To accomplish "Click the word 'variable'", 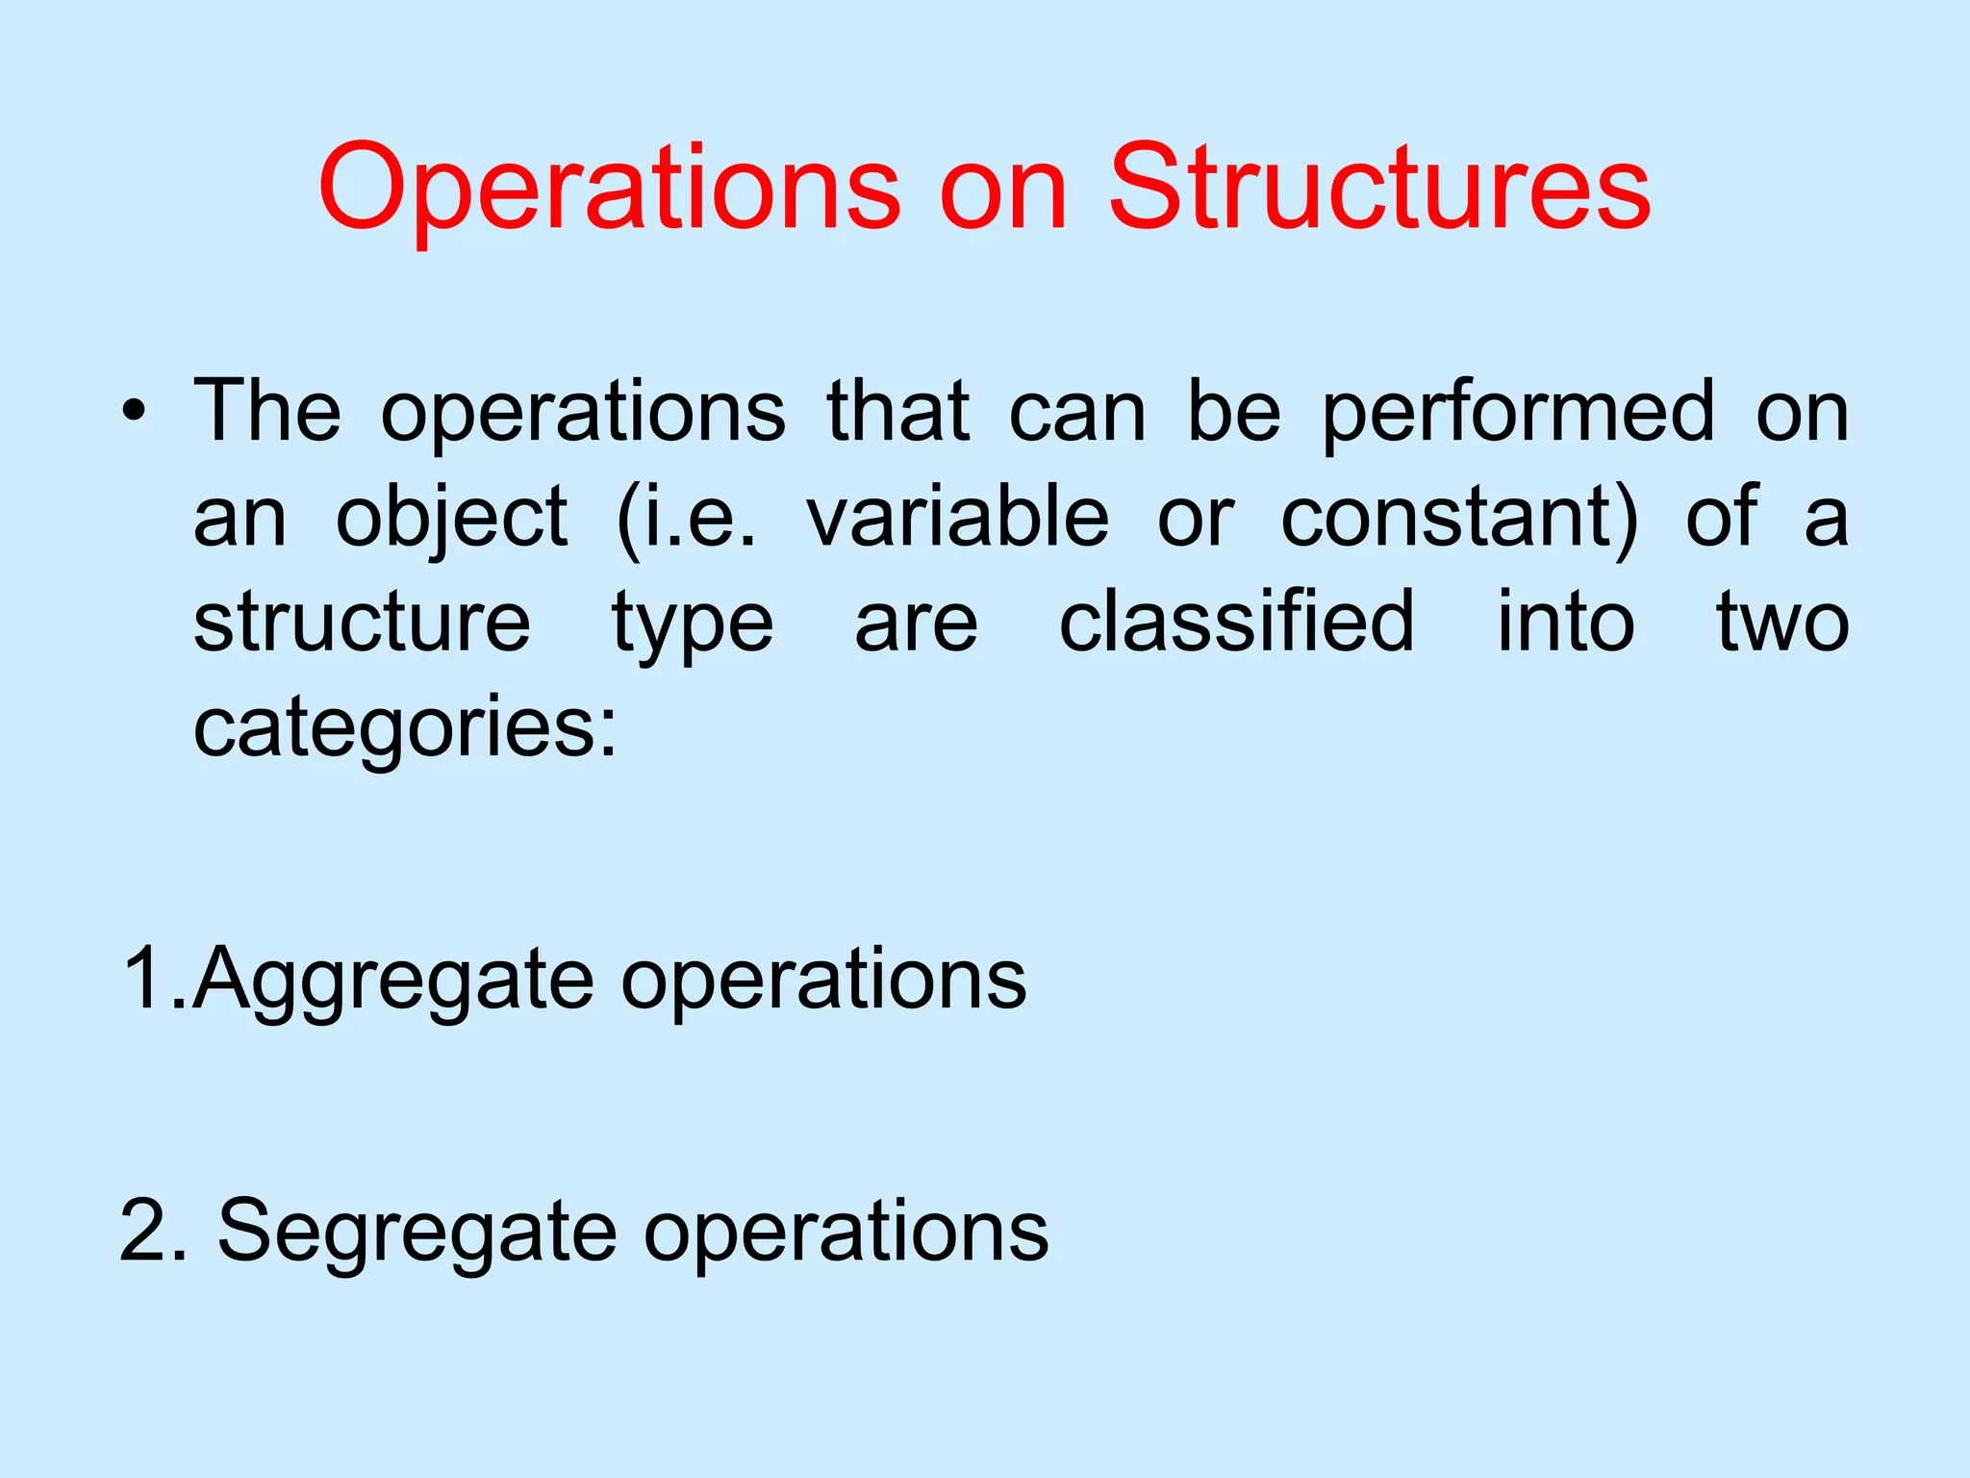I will click(x=958, y=517).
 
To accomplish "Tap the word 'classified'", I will click(x=1237, y=622).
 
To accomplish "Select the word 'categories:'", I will click(x=405, y=728).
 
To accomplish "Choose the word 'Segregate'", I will click(x=417, y=1233).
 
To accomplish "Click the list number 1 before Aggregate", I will click(x=145, y=978).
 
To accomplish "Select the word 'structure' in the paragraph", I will click(x=362, y=622).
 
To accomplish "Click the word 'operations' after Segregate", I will click(x=846, y=1233).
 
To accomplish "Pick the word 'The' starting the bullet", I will click(x=267, y=412).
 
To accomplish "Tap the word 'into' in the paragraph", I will click(x=1566, y=622).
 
